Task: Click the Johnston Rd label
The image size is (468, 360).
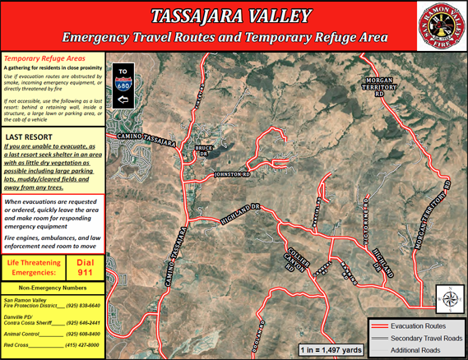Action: tap(231, 174)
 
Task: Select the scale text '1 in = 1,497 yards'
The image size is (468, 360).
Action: tap(331, 350)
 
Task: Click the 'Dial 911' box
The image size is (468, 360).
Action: tap(84, 266)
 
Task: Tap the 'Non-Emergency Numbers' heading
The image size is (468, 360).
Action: tap(51, 288)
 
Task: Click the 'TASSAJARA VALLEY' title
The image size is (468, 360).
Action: tap(232, 16)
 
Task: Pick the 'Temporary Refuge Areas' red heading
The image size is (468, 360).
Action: tap(39, 59)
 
